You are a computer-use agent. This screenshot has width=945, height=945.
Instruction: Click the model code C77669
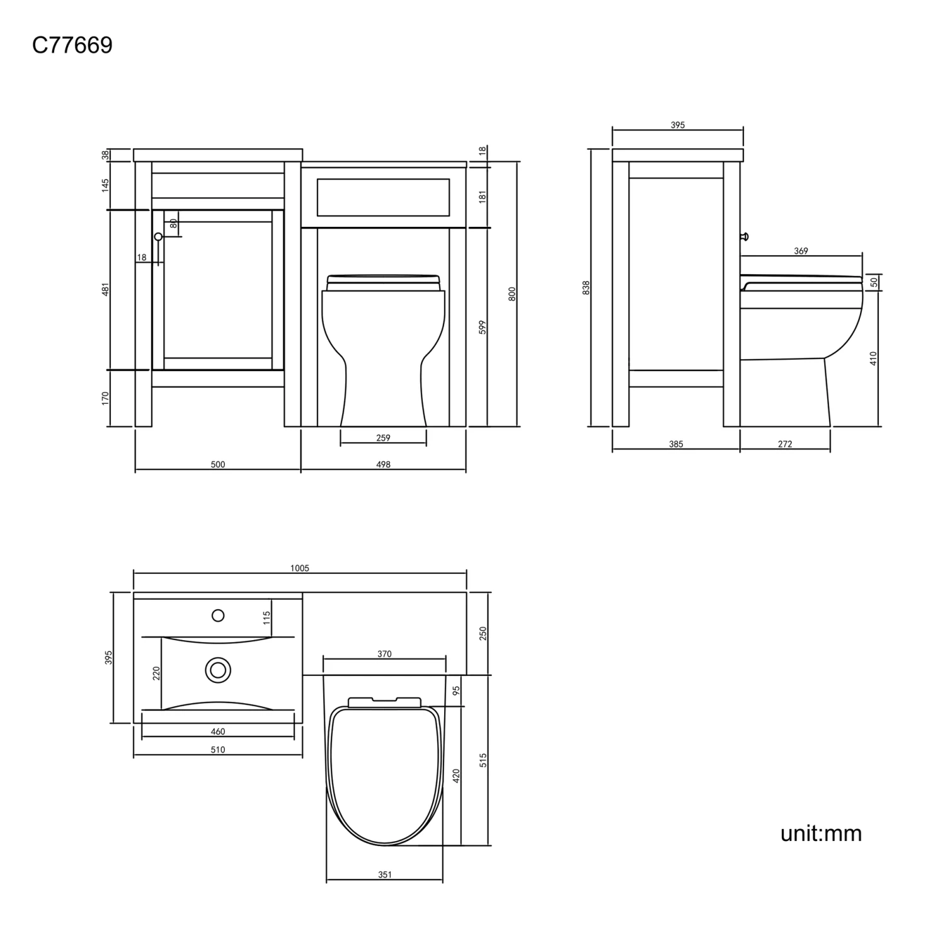(72, 45)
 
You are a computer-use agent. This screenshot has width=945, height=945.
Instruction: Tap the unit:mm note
(820, 833)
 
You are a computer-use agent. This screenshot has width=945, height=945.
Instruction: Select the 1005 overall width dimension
(300, 568)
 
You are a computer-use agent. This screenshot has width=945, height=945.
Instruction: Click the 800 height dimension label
(512, 294)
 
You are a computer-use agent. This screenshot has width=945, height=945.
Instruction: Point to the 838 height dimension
(586, 288)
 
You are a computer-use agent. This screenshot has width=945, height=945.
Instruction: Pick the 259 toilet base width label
(383, 438)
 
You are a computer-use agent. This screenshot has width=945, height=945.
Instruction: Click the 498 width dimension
(383, 465)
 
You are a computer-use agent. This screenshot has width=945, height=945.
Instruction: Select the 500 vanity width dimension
(217, 465)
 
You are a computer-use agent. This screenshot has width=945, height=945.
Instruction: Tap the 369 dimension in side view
(801, 251)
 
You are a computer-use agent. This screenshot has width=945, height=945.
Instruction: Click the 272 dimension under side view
(784, 444)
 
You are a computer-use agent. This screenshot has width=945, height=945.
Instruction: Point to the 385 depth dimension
(675, 444)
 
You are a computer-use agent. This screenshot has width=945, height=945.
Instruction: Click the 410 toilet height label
(873, 358)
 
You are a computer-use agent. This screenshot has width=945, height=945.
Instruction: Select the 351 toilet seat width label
(384, 874)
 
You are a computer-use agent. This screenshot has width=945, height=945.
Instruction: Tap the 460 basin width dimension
(217, 731)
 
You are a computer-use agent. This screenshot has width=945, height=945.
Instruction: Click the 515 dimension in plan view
(483, 760)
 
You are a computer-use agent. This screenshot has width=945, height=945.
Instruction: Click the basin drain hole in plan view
(218, 670)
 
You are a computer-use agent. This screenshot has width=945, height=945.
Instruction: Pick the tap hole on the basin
(218, 616)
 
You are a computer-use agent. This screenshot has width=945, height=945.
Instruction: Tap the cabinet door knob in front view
(158, 236)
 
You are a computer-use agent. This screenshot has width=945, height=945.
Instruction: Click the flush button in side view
(745, 236)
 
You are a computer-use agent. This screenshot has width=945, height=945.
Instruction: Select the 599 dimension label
(483, 327)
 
